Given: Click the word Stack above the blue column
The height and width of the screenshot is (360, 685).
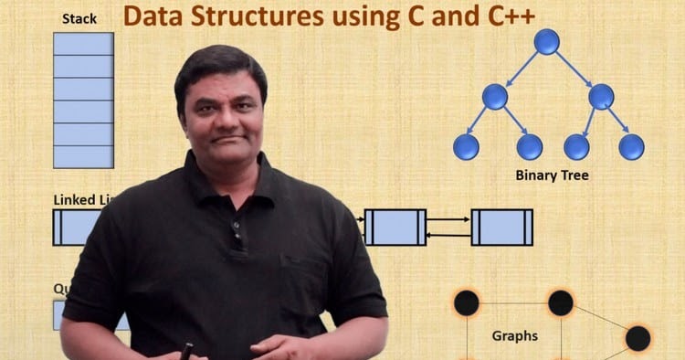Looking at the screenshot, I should click(79, 18).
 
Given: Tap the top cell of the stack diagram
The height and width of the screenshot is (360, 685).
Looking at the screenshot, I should click(83, 44).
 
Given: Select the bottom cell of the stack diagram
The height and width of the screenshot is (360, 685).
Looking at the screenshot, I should click(83, 156).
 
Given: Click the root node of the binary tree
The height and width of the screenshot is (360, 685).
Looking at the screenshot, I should click(546, 41).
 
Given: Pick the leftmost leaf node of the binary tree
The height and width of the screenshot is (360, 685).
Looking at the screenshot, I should click(466, 146).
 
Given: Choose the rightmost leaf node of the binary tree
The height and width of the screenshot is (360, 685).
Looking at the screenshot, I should click(631, 146).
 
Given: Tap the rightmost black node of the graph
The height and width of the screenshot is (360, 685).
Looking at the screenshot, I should click(638, 339).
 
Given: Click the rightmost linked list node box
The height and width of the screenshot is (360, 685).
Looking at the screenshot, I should click(501, 227).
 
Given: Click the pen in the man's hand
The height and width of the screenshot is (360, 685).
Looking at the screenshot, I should click(188, 350).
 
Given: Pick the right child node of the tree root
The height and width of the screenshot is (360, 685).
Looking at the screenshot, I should click(600, 96).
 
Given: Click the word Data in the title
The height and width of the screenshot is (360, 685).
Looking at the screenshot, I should click(153, 17).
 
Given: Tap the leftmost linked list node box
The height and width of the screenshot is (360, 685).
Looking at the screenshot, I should click(78, 227).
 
